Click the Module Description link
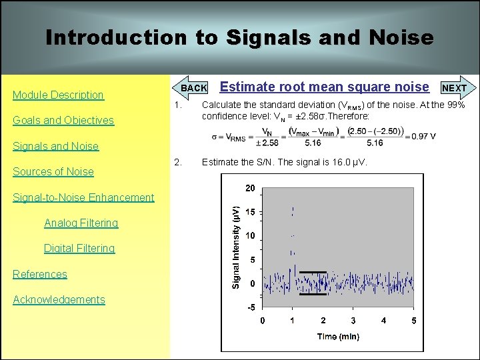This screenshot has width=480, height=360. coord(59,95)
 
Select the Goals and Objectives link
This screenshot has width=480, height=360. coord(63,121)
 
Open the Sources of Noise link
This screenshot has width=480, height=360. coord(53,171)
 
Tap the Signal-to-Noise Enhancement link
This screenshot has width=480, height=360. coord(83,197)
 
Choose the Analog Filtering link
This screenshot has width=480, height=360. coord(81,223)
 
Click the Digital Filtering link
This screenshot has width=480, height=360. coord(79,248)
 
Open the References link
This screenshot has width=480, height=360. coord(40,274)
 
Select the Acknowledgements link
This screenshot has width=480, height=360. coord(59,299)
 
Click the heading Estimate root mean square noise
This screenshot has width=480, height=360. coord(324,87)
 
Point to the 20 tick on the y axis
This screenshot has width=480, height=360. coord(249,189)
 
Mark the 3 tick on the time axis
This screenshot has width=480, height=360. coord(353,321)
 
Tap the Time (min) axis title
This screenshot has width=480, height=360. coord(337,337)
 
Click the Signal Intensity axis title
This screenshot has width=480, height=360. coord(235,247)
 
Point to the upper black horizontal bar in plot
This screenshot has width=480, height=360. coord(313,272)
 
